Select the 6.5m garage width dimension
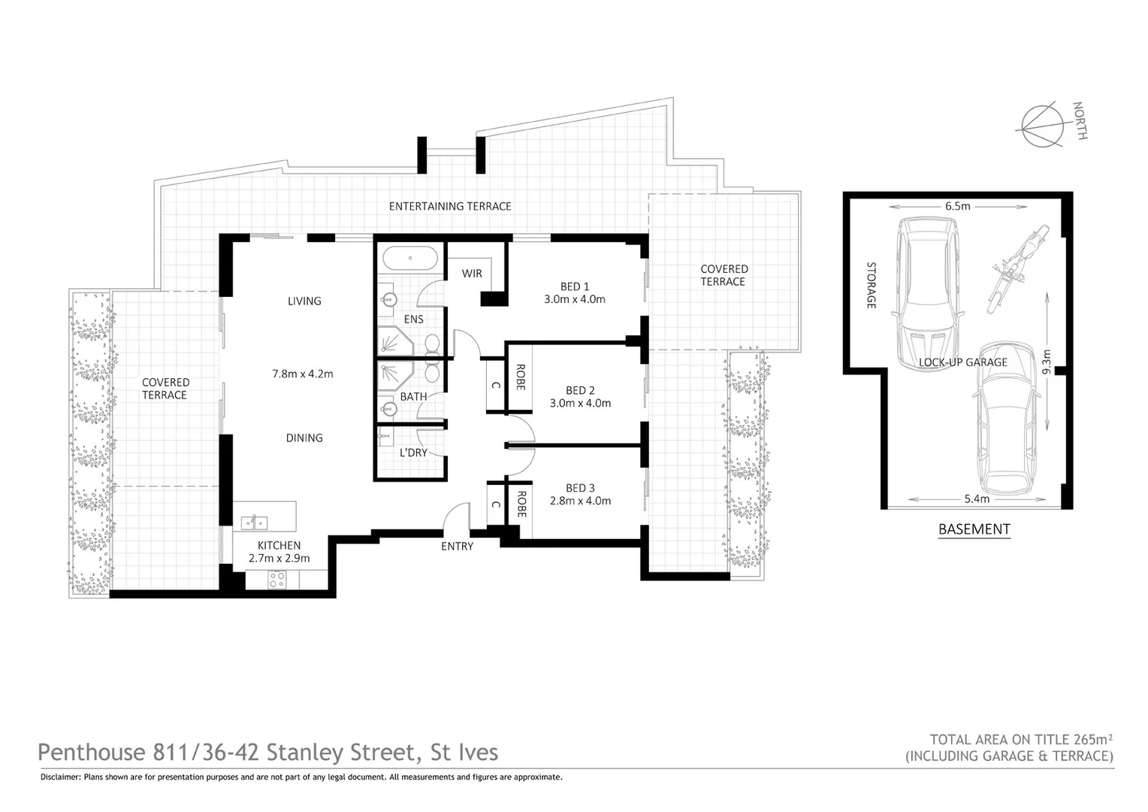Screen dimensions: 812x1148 pos(957,206)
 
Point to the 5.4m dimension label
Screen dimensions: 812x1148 pos(976,498)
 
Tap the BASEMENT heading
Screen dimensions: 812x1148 pos(974,529)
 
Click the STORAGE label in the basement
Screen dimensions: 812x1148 pos(872,285)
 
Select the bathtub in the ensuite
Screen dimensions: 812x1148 pos(410,259)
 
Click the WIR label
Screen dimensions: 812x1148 pos(472,274)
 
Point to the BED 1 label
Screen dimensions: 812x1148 pos(575,286)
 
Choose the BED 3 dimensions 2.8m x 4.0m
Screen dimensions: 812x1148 pos(580,501)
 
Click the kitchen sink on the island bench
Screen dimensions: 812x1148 pos(255,521)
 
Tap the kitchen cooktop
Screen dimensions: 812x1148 pos(276,579)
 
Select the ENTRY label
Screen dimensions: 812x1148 pos(457,547)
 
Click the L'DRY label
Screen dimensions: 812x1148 pos(412,453)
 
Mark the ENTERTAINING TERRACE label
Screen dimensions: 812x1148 pos(449,206)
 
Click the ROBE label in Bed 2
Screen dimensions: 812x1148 pos(519,377)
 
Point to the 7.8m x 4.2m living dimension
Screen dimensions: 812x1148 pos(302,374)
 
